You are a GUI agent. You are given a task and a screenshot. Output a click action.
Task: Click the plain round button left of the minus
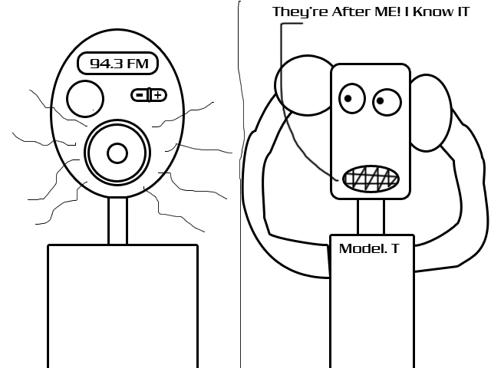click(85, 98)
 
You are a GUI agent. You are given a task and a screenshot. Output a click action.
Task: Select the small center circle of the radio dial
click(117, 153)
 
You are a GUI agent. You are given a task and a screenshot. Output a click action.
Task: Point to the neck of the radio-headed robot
click(117, 221)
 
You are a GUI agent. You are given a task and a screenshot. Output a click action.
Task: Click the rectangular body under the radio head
click(123, 307)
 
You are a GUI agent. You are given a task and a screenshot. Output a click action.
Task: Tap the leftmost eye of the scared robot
click(351, 98)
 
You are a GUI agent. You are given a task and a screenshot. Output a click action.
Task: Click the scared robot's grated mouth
click(371, 179)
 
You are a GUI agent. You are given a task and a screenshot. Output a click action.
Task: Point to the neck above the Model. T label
click(371, 217)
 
